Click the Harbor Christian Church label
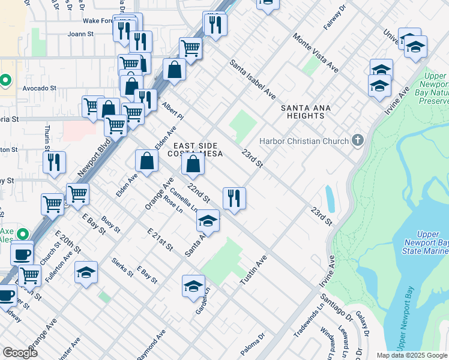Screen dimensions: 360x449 (304, 142)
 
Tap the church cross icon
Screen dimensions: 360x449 (358, 142)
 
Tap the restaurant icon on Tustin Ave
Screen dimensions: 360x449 (234, 197)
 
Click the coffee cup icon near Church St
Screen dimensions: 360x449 (22, 254)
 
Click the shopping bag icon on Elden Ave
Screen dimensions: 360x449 (146, 161)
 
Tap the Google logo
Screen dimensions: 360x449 (19, 353)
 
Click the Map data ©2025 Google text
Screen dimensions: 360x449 (412, 355)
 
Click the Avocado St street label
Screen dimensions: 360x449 (40, 88)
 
